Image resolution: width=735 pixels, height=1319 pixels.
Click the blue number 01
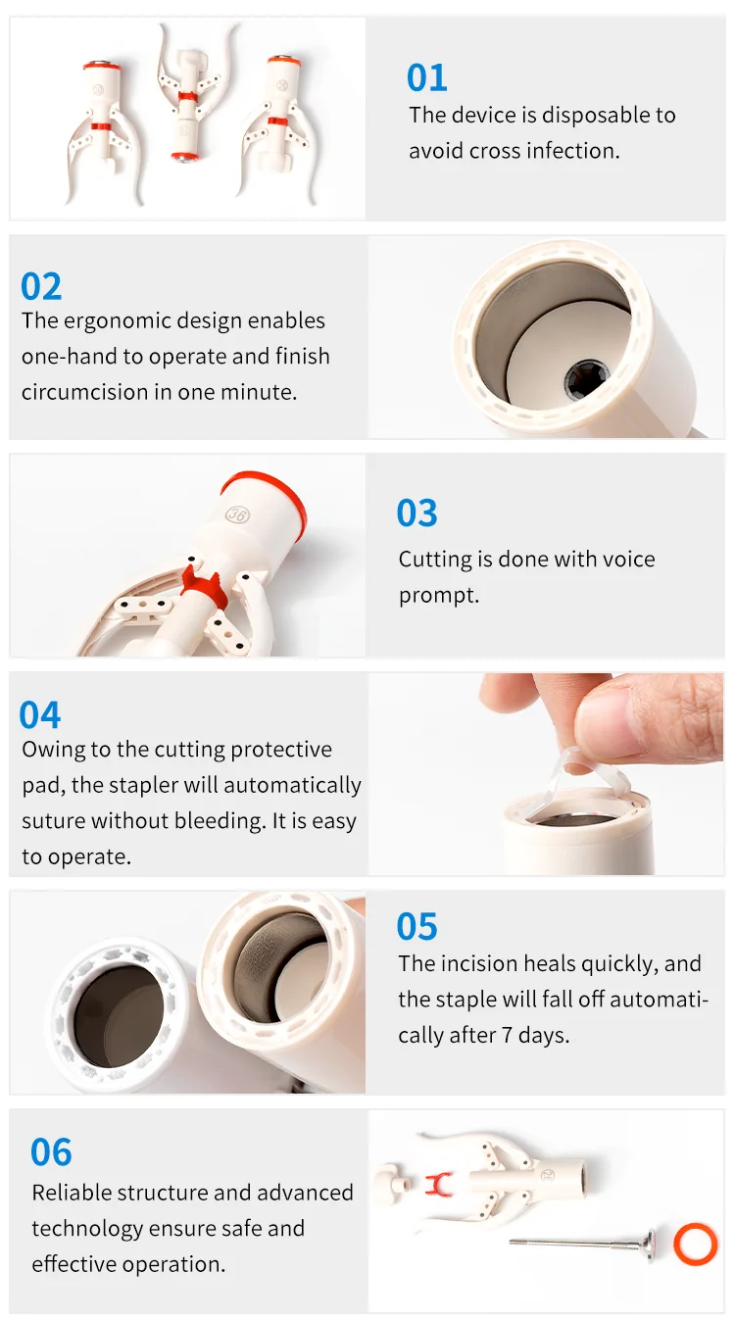point(427,77)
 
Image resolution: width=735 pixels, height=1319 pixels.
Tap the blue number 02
point(41,287)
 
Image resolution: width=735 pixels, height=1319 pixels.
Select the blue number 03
point(416,513)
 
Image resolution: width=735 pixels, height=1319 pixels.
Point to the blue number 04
point(40,714)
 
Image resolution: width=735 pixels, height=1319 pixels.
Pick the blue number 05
point(416,926)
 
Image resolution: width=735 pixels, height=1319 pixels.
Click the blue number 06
point(51,1152)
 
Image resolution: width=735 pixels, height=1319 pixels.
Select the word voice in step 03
point(629,560)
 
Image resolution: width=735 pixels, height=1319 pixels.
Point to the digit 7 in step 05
point(507,1036)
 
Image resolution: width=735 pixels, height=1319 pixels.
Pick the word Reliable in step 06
point(71,1193)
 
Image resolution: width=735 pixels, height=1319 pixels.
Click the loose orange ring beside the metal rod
point(696,1245)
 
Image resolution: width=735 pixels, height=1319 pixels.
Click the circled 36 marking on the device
point(237,514)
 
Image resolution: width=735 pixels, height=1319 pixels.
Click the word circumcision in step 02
point(84,393)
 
